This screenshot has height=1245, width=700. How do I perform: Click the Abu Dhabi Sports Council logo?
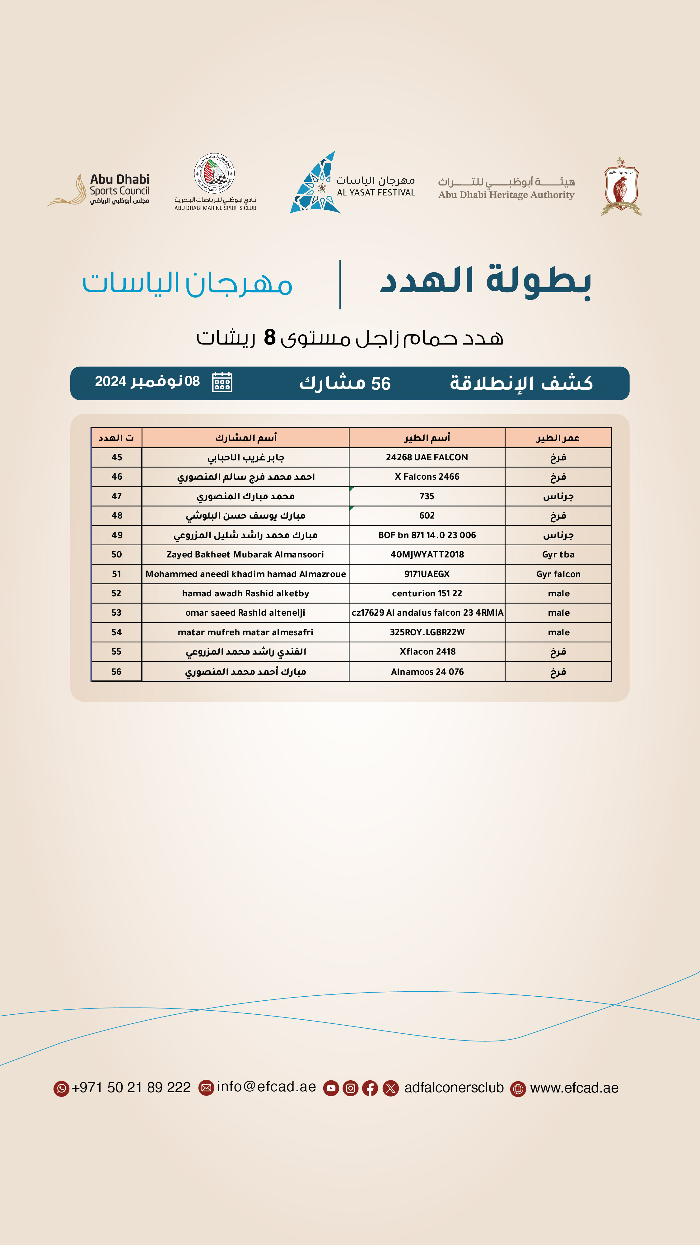[x=99, y=190]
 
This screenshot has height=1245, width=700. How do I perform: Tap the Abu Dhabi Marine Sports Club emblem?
[x=214, y=173]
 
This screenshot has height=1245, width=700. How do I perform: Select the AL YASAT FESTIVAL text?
[x=376, y=192]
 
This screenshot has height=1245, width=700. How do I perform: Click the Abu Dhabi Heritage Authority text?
[x=506, y=195]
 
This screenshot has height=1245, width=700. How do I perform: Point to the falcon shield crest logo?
[x=621, y=186]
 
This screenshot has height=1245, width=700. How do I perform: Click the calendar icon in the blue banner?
[x=222, y=382]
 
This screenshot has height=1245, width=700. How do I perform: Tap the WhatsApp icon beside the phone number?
[x=61, y=1088]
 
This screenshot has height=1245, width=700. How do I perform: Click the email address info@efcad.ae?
[x=266, y=1087]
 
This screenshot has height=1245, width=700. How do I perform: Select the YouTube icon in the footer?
[x=331, y=1088]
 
